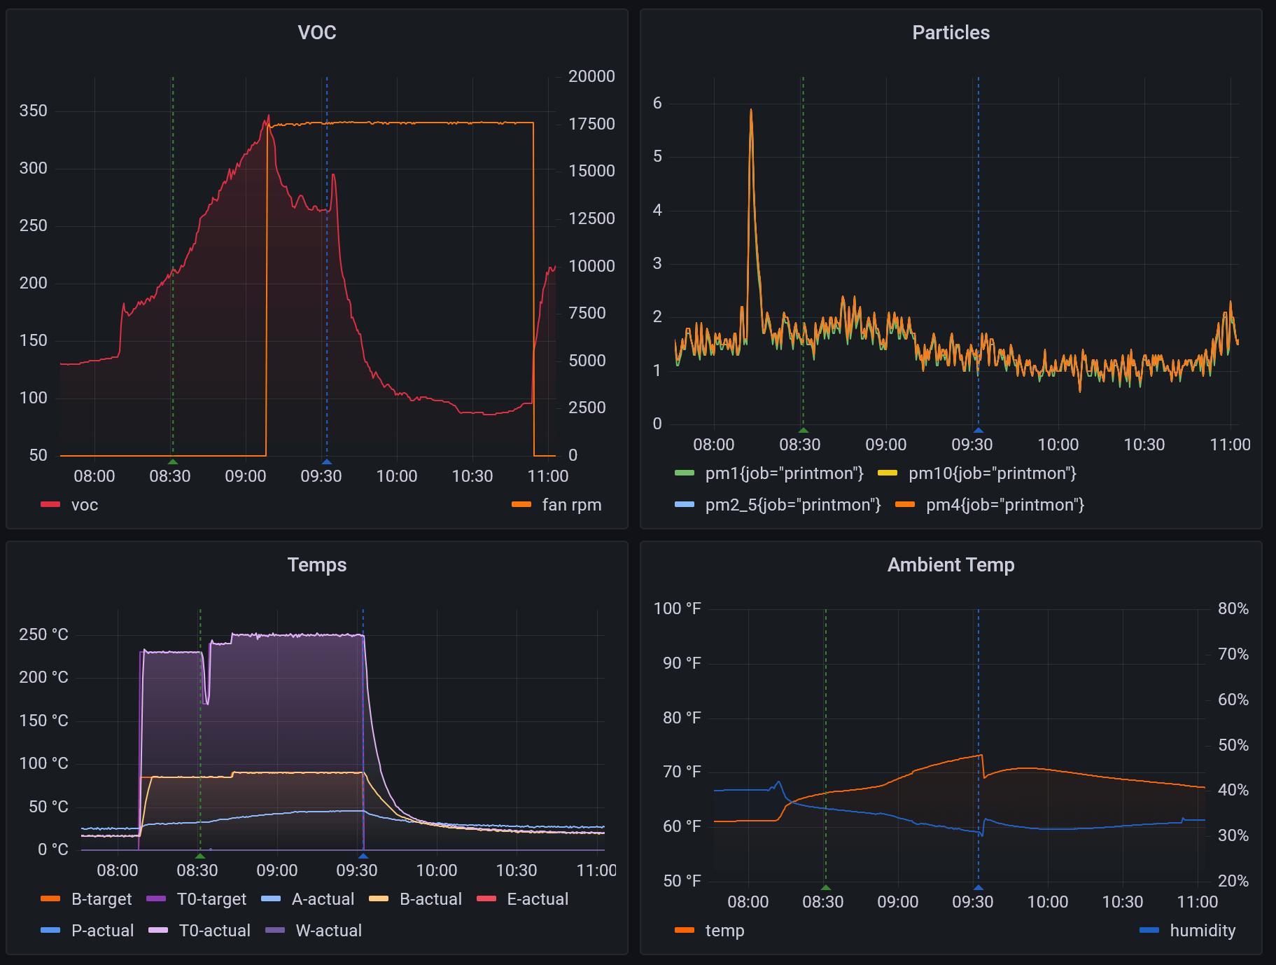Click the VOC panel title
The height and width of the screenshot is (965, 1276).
tap(316, 32)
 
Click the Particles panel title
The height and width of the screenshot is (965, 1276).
tap(951, 32)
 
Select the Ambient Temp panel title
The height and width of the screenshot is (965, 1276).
tap(951, 564)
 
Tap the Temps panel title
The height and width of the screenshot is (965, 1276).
tap(316, 564)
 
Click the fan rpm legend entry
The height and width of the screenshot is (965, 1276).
tap(570, 505)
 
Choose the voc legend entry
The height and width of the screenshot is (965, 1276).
tap(84, 505)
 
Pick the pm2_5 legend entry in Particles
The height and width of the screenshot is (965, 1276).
tap(792, 505)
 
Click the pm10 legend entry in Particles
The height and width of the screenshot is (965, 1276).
tap(992, 473)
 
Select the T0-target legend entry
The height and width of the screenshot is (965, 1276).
tap(211, 899)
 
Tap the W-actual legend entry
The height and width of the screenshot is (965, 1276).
tap(328, 931)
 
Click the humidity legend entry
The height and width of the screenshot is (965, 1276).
tap(1202, 931)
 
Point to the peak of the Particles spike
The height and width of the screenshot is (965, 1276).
tap(751, 110)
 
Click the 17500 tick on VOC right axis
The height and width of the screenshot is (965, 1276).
tap(591, 124)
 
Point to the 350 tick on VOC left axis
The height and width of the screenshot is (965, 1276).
tap(34, 111)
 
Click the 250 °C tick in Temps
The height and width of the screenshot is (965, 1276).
tap(43, 634)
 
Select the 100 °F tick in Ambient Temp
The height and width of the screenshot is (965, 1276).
tap(677, 609)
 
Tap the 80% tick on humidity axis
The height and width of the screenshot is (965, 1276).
tap(1233, 609)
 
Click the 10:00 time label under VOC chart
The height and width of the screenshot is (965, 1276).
tap(396, 476)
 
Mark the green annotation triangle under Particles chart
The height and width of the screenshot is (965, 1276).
tap(804, 430)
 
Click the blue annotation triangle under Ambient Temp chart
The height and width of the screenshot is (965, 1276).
tap(979, 887)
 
